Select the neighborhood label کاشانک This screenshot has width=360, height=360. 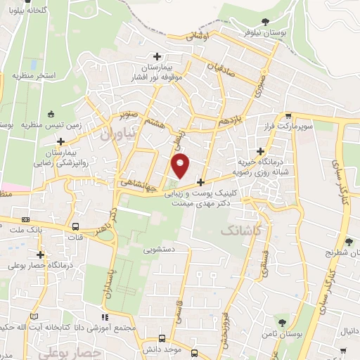[240, 230]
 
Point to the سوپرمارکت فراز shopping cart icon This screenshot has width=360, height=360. [288, 115]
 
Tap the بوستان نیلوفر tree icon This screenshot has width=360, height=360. [264, 22]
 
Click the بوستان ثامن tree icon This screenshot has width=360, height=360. [282, 323]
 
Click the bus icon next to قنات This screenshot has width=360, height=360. [75, 226]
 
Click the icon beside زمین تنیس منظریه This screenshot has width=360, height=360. [51, 115]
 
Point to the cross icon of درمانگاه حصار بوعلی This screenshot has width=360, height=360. [40, 255]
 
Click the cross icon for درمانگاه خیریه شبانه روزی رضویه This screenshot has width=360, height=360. [261, 150]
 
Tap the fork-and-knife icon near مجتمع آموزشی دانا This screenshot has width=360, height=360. [108, 316]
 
